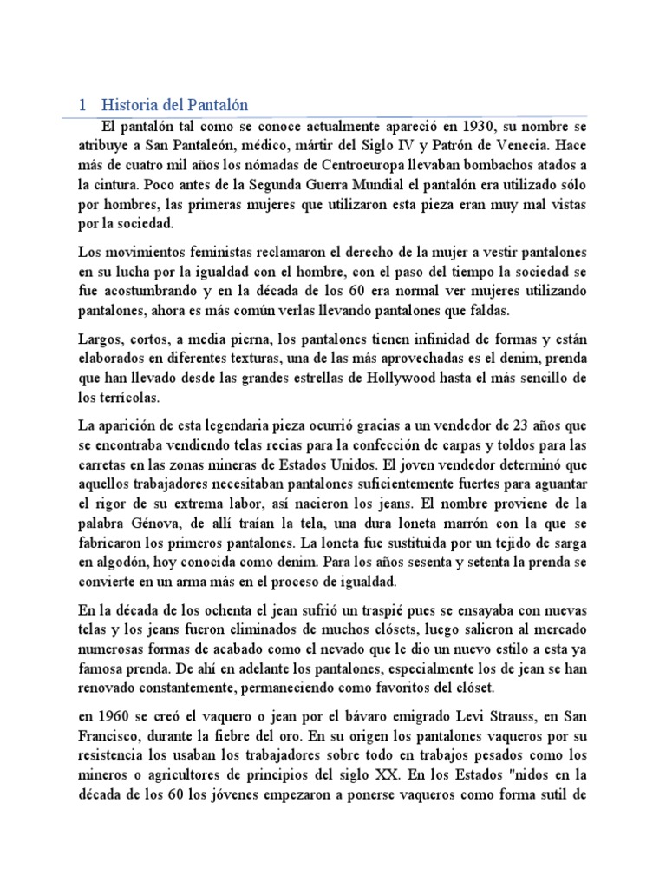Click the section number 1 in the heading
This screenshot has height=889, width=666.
(x=82, y=105)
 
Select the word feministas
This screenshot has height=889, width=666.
(x=193, y=251)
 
